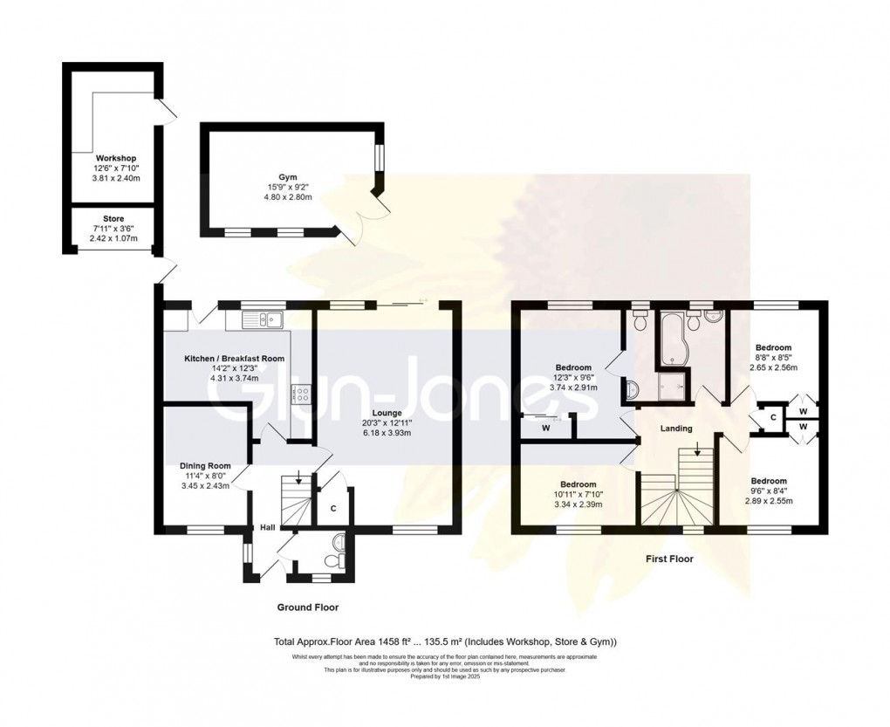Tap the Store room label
coord(113,219)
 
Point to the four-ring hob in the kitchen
coord(302,394)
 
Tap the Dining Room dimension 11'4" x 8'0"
coord(204,477)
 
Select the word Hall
coord(267,527)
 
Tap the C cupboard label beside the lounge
coord(333,508)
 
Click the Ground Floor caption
coord(308,607)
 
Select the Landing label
coord(675,429)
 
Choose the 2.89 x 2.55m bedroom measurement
coord(769,502)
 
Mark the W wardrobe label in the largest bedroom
coord(545,428)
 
